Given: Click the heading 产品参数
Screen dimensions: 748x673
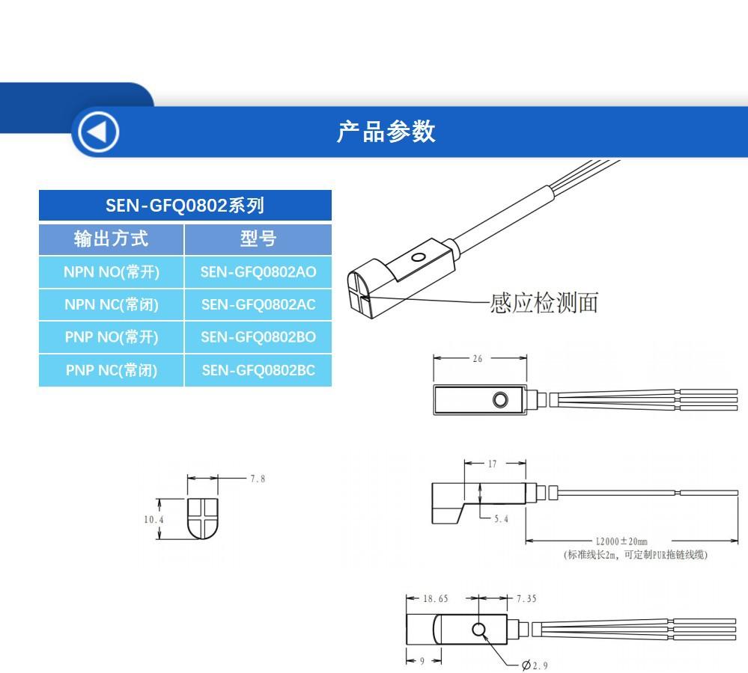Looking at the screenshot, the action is (386, 132).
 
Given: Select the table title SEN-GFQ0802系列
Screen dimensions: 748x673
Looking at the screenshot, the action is (185, 205).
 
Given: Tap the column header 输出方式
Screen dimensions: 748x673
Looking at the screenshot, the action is (112, 239).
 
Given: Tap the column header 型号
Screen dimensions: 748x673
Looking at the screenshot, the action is (258, 239).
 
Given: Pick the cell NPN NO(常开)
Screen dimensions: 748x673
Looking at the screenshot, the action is (112, 272).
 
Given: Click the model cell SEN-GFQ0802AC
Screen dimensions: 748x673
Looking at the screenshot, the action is (258, 304).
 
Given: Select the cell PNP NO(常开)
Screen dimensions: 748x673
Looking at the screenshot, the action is (112, 337).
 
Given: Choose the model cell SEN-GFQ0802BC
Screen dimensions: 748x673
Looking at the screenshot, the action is (258, 369).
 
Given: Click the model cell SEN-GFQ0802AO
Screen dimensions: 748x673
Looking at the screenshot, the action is (258, 272).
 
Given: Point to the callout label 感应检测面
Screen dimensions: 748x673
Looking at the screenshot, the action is (544, 303).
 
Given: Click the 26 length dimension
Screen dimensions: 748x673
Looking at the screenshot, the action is (478, 359).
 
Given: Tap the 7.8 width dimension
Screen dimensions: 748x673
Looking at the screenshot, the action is (258, 479).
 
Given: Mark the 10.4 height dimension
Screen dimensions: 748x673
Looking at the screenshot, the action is (153, 519).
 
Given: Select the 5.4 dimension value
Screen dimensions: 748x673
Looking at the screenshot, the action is (501, 519).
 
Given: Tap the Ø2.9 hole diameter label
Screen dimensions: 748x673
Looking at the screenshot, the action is (534, 665).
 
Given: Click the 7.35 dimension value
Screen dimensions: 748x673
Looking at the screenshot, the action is (526, 598).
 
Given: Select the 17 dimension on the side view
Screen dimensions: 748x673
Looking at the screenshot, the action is (492, 464).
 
